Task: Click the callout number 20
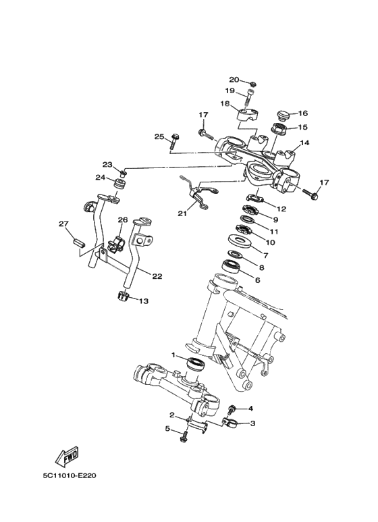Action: click(234, 79)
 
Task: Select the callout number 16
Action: click(303, 113)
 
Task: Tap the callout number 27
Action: click(63, 224)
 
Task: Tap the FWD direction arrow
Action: click(69, 457)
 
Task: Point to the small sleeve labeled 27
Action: click(78, 240)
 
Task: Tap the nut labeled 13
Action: click(124, 296)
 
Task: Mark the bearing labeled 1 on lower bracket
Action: click(196, 365)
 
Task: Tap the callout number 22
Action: click(157, 276)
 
